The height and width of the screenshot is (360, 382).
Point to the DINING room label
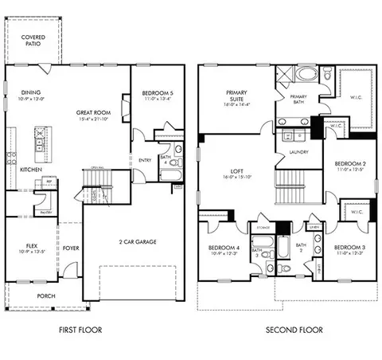tap(31, 94)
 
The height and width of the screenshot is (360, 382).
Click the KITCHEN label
tap(31, 170)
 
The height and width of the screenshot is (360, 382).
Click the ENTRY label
tap(145, 160)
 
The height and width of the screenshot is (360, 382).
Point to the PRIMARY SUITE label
tap(237, 94)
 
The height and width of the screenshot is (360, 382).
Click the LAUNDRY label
tap(300, 151)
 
